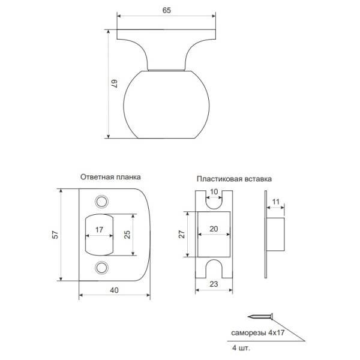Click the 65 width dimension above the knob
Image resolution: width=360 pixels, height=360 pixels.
(x=166, y=10)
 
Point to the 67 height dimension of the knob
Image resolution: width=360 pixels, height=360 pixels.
(x=115, y=83)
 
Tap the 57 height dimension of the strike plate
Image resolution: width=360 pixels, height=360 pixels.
(x=55, y=235)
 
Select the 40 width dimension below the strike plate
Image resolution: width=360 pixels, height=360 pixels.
(x=114, y=290)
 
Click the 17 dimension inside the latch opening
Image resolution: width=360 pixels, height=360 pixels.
(x=99, y=230)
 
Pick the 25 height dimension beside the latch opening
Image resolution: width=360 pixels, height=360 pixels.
(x=127, y=235)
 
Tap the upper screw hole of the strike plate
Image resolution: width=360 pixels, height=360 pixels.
(x=102, y=202)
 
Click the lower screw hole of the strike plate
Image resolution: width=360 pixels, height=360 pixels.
(x=102, y=268)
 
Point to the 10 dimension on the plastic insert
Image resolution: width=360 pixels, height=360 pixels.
(x=214, y=192)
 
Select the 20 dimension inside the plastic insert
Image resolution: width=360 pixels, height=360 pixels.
(x=214, y=229)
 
